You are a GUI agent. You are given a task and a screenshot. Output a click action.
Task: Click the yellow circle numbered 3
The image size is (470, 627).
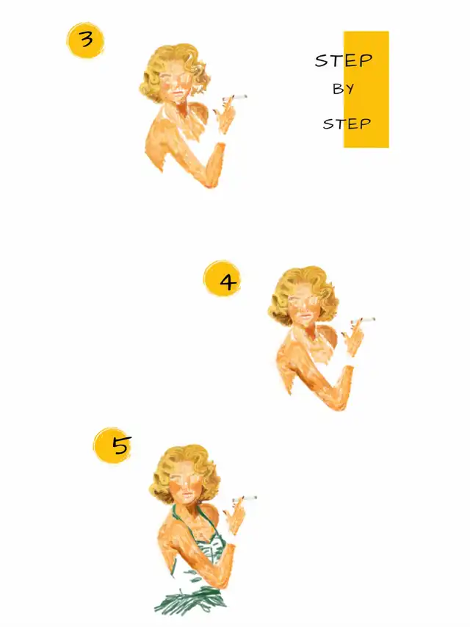point(85,40)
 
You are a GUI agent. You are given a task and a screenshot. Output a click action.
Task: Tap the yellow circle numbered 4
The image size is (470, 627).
point(223,279)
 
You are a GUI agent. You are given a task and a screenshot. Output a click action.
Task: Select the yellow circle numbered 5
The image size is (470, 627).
point(112,445)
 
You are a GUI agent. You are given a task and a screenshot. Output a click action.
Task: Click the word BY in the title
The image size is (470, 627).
point(343,89)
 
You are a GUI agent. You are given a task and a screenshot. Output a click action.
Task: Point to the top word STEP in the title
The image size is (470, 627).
point(344,60)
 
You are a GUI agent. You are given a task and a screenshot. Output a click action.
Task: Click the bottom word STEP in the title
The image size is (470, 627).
point(347,123)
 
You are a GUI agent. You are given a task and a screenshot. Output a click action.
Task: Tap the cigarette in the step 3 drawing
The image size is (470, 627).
point(234,98)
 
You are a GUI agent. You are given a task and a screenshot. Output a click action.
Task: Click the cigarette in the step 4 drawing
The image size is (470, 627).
point(363,320)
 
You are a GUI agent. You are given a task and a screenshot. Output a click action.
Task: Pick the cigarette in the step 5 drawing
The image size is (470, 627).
point(245,499)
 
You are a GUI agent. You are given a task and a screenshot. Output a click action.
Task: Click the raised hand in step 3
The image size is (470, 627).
point(225,116)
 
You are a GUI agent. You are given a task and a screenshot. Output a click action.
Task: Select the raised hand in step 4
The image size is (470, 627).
point(353,339)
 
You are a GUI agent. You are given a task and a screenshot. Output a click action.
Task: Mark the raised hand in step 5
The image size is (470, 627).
point(234,517)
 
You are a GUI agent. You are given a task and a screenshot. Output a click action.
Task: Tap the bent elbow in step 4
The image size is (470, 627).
point(341,403)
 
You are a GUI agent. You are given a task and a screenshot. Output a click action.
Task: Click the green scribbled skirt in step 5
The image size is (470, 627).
point(190,600)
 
